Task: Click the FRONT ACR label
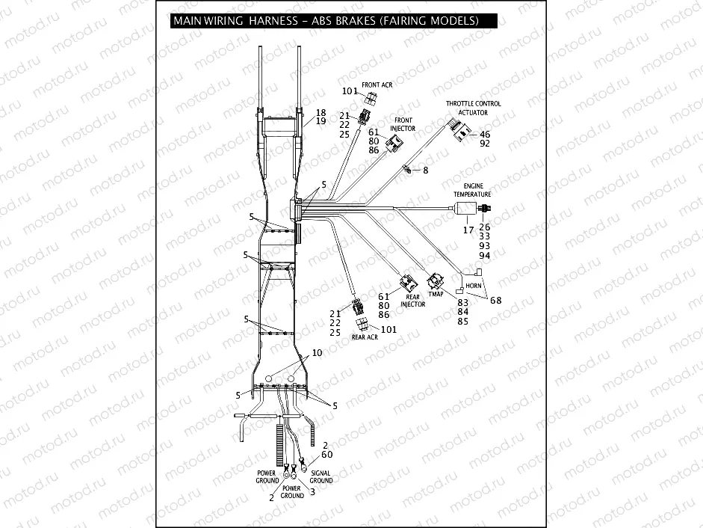[x=377, y=85]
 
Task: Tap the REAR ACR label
[x=367, y=337]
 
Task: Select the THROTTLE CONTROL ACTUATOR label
[x=474, y=108]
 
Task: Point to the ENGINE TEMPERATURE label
[x=472, y=189]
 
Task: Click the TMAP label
[x=435, y=294]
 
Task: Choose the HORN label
[x=473, y=286]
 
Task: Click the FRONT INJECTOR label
[x=403, y=124]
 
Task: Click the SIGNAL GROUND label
[x=321, y=476]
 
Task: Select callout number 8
[x=425, y=171]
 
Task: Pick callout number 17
[x=468, y=230]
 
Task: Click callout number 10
[x=317, y=352]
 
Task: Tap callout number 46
[x=485, y=135]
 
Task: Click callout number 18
[x=320, y=112]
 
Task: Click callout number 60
[x=326, y=454]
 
